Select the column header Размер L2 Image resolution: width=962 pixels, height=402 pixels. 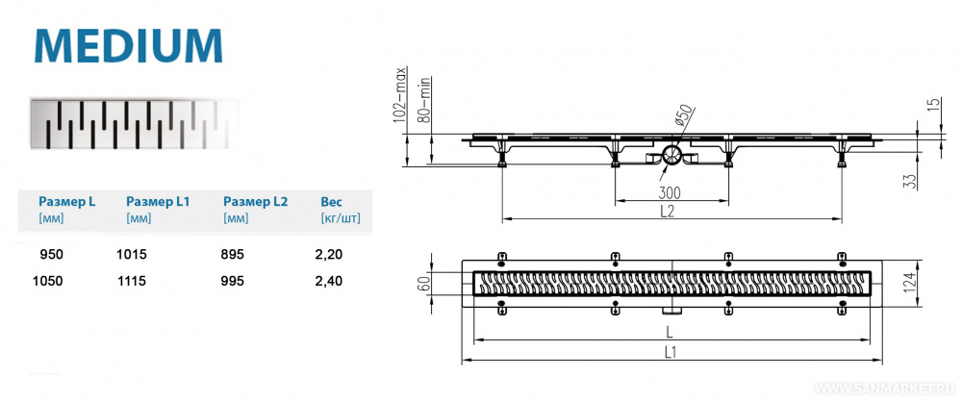(255, 202)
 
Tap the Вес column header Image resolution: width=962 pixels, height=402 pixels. (331, 202)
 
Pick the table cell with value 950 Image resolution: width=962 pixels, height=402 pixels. (52, 255)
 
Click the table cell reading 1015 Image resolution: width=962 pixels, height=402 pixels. (131, 255)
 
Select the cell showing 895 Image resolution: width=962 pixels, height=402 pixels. (234, 255)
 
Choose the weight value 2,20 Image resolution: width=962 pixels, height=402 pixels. (331, 255)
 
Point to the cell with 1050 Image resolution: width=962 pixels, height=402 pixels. (47, 281)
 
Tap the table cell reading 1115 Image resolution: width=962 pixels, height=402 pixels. (131, 281)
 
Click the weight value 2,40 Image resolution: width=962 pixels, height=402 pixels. (331, 281)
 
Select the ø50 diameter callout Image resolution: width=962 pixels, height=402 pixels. (683, 116)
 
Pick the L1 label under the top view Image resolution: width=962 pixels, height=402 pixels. (670, 352)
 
